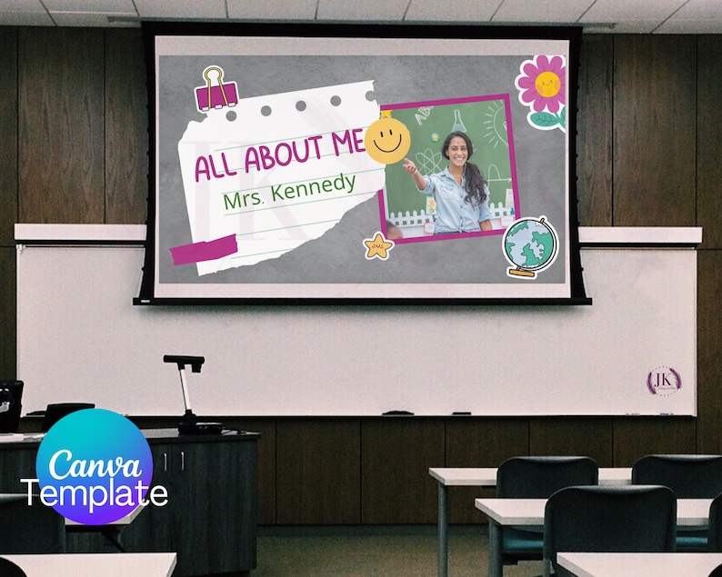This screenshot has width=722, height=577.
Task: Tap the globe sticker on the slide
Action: pyautogui.click(x=530, y=246)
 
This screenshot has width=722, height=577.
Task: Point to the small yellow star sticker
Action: pyautogui.click(x=377, y=245)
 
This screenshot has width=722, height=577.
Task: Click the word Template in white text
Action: pyautogui.click(x=95, y=494)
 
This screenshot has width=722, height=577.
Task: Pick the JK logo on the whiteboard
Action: pyautogui.click(x=664, y=380)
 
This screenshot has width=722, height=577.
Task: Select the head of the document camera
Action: pyautogui.click(x=184, y=362)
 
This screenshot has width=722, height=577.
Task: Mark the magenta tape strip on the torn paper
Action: pyautogui.click(x=204, y=249)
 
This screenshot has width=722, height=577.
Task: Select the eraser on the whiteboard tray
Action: pyautogui.click(x=397, y=413)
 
